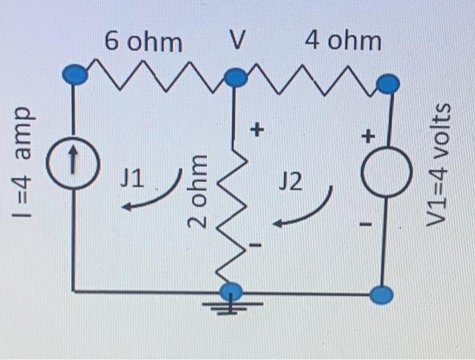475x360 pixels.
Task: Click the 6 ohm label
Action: click(x=143, y=43)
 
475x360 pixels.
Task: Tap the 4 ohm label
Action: click(x=343, y=41)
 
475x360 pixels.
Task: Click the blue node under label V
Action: click(x=235, y=79)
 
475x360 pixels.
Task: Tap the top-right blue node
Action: click(x=387, y=84)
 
